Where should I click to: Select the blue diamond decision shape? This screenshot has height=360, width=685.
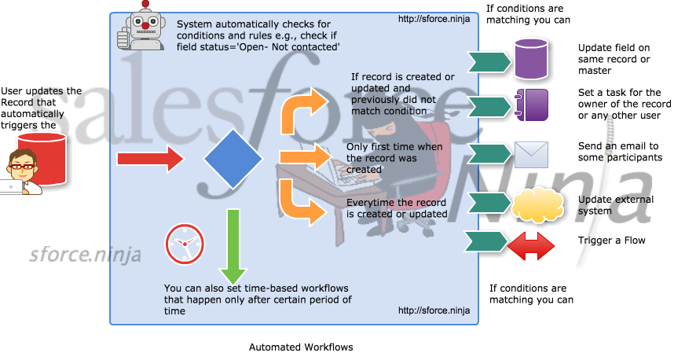click(233, 159)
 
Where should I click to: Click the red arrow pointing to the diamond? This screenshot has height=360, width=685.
click(149, 159)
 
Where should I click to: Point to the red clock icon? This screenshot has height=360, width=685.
click(185, 244)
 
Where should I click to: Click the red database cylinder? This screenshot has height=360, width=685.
click(42, 157)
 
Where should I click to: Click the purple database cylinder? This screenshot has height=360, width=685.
click(530, 59)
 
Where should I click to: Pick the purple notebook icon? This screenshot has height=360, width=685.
click(531, 105)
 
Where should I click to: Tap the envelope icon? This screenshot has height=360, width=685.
click(531, 156)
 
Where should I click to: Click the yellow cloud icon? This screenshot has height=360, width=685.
click(537, 205)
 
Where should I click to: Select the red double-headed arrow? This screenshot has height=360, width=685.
click(531, 246)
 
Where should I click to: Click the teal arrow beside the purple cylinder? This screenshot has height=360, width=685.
click(489, 61)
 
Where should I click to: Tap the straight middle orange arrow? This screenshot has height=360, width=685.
click(303, 158)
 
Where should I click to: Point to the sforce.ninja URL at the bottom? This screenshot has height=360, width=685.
click(434, 310)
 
